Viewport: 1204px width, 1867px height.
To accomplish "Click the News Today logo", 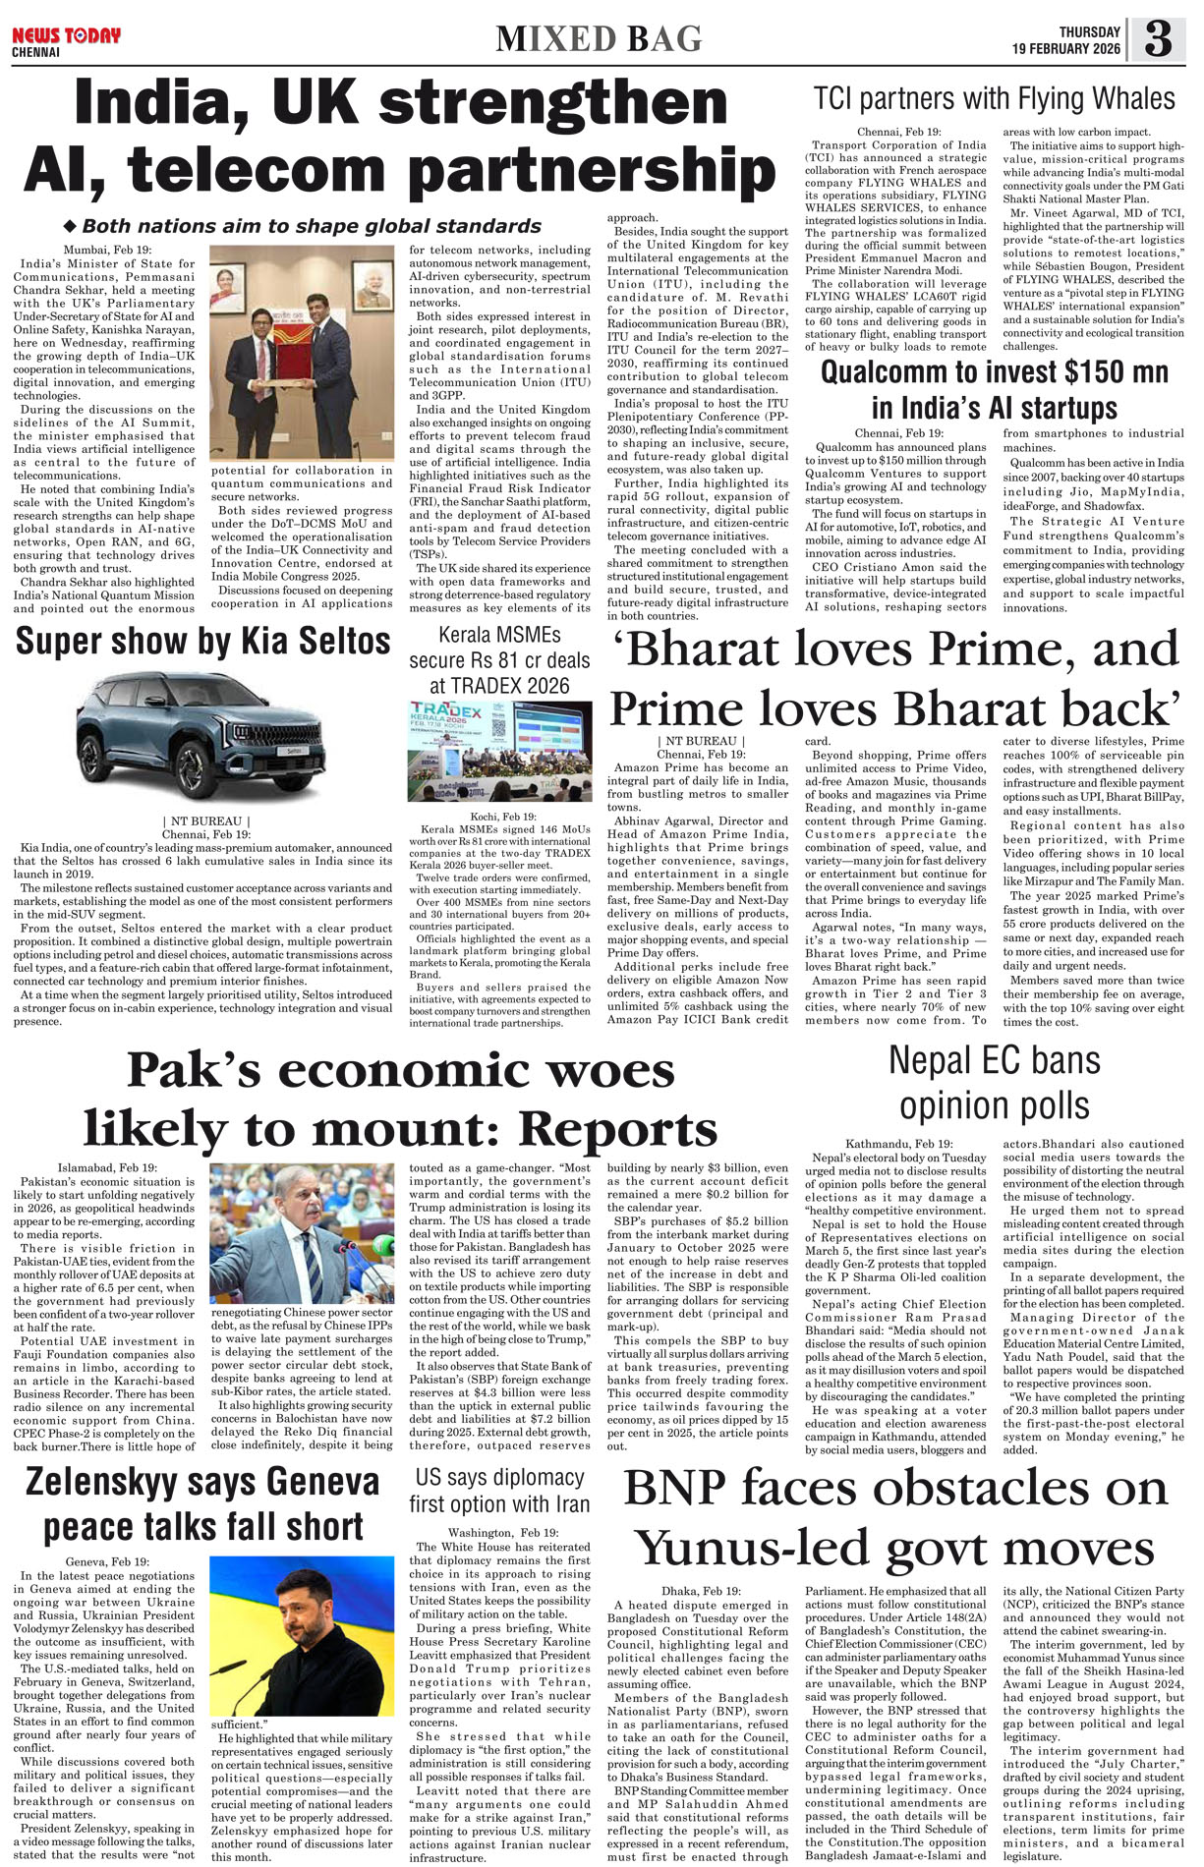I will [66, 36].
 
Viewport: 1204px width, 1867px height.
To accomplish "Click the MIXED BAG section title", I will [599, 39].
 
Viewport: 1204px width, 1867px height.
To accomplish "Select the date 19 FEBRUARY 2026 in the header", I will [1067, 49].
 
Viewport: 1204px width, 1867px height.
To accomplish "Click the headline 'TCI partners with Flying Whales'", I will [994, 99].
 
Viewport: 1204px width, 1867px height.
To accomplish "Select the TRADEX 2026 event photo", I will [499, 751].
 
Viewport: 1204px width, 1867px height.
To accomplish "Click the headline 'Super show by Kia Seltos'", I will [202, 642].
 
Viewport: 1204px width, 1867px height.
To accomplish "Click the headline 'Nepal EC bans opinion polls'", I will [994, 1083].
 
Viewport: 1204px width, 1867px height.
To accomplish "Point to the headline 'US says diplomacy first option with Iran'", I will [499, 1491].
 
